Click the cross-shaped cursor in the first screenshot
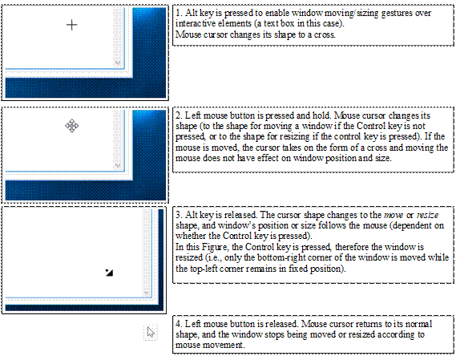[x=72, y=25]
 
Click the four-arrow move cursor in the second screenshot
[x=72, y=126]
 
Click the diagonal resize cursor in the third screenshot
[x=109, y=273]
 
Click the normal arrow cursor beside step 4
[x=151, y=333]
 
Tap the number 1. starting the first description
[x=179, y=13]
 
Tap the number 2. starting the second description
[x=179, y=115]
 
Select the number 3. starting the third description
[x=179, y=215]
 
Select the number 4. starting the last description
[x=179, y=324]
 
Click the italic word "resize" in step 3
[x=427, y=216]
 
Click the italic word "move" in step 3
[x=393, y=216]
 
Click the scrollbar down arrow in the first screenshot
[x=118, y=63]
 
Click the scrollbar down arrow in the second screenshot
[x=118, y=165]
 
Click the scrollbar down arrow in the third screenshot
[x=147, y=293]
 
